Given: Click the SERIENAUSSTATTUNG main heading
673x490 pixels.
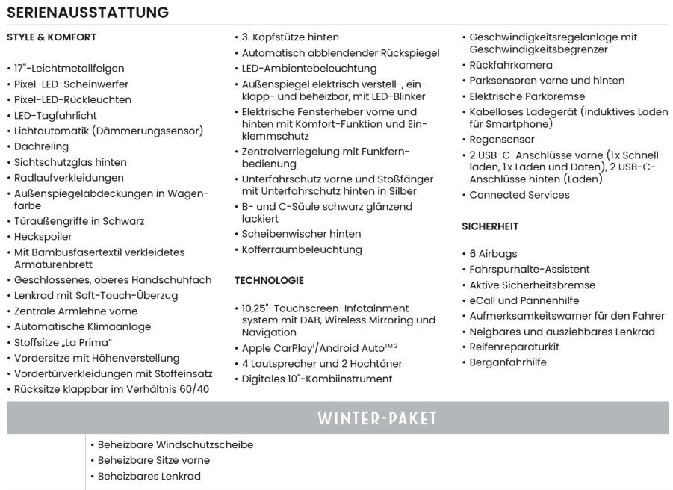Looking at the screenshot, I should pos(88,13).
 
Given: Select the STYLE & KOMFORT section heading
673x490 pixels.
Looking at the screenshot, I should pos(52,37).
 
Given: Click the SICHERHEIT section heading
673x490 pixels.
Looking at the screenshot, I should pos(490,226).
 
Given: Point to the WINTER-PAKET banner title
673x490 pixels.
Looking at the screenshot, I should pos(376,418).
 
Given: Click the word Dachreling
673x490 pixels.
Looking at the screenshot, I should pos(41,146).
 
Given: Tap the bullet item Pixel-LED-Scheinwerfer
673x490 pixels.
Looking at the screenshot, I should pos(71,84).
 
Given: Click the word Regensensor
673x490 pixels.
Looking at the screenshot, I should pos(502,140).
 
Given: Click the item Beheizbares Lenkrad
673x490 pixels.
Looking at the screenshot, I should pos(149,476).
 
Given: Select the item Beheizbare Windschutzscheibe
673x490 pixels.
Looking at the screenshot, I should pos(176,444).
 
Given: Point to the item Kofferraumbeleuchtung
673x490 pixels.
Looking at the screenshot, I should pos(302,249).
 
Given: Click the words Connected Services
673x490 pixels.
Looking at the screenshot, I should pos(519,195).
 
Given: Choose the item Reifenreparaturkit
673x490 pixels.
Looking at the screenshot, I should pos(514,347).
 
